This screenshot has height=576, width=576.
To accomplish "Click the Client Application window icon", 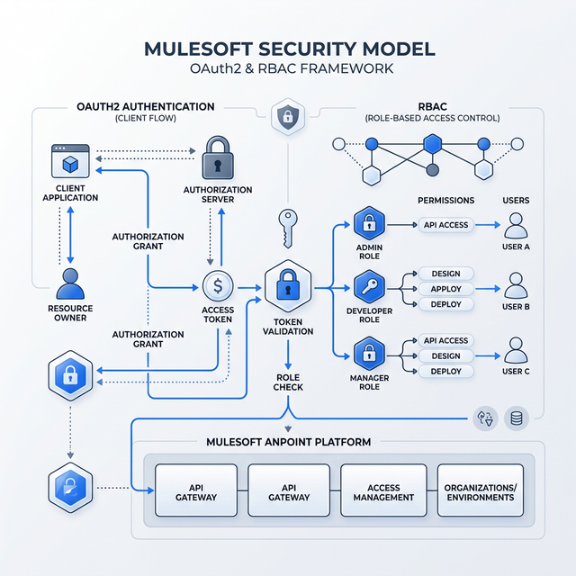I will pyautogui.click(x=69, y=162).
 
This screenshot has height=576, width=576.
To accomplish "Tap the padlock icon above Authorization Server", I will pyautogui.click(x=220, y=159).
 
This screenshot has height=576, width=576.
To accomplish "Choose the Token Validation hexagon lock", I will pyautogui.click(x=288, y=288).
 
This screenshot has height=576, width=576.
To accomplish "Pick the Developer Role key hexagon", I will pyautogui.click(x=369, y=288).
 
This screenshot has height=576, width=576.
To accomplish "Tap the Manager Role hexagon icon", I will pyautogui.click(x=369, y=355).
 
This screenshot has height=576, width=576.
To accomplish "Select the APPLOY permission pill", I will pyautogui.click(x=445, y=289).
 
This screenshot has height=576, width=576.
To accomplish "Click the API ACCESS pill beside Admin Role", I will pyautogui.click(x=445, y=225).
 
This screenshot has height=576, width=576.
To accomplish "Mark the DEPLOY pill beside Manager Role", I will pyautogui.click(x=445, y=371).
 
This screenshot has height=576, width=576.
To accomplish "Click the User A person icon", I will pyautogui.click(x=516, y=225).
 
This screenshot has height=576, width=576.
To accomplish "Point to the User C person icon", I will pyautogui.click(x=516, y=349).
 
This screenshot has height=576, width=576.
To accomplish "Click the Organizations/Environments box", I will pyautogui.click(x=480, y=490).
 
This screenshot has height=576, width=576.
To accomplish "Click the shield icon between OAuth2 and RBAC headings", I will pyautogui.click(x=287, y=115).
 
